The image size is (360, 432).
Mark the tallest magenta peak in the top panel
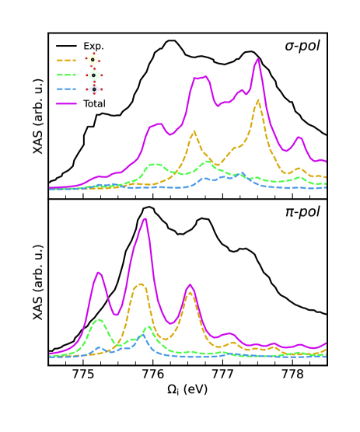pos(257,61)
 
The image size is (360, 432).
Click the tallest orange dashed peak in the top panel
pos(257,100)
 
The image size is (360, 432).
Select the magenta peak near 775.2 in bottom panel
pos(99,273)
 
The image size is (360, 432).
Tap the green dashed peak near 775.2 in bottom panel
pos(99,319)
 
